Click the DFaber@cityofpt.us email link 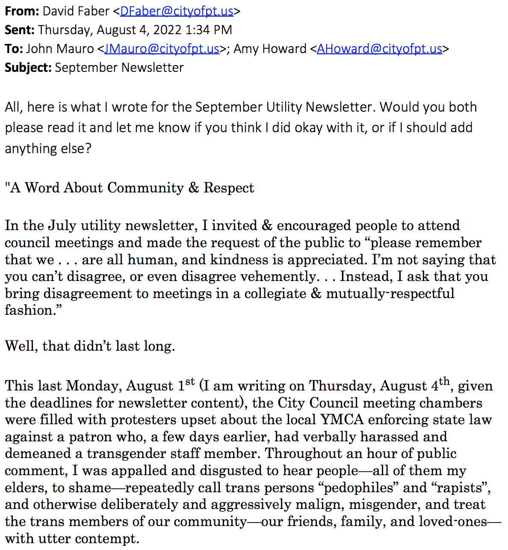click(x=177, y=11)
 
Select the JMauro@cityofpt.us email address click(x=162, y=49)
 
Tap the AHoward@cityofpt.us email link click(x=379, y=49)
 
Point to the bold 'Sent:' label click(x=20, y=30)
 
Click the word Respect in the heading click(x=229, y=188)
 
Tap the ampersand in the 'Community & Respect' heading click(x=194, y=188)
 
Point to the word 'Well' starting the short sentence click(x=21, y=346)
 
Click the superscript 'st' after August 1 click(x=190, y=381)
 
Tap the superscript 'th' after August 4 click(x=445, y=381)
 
